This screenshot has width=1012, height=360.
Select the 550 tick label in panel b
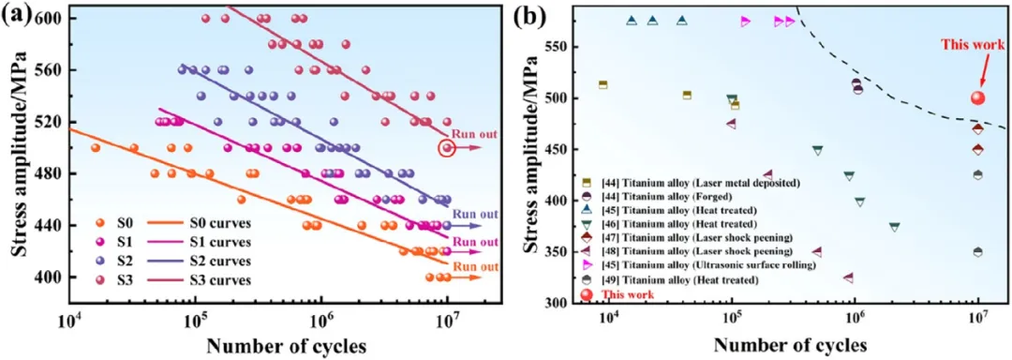click(x=556, y=48)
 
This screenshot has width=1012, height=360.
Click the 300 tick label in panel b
click(x=556, y=303)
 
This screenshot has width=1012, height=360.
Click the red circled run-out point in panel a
click(x=447, y=148)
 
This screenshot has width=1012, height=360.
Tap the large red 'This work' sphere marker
click(x=977, y=98)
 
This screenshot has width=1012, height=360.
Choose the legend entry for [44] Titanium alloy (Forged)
click(x=675, y=196)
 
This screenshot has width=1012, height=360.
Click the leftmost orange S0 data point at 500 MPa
click(x=96, y=148)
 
